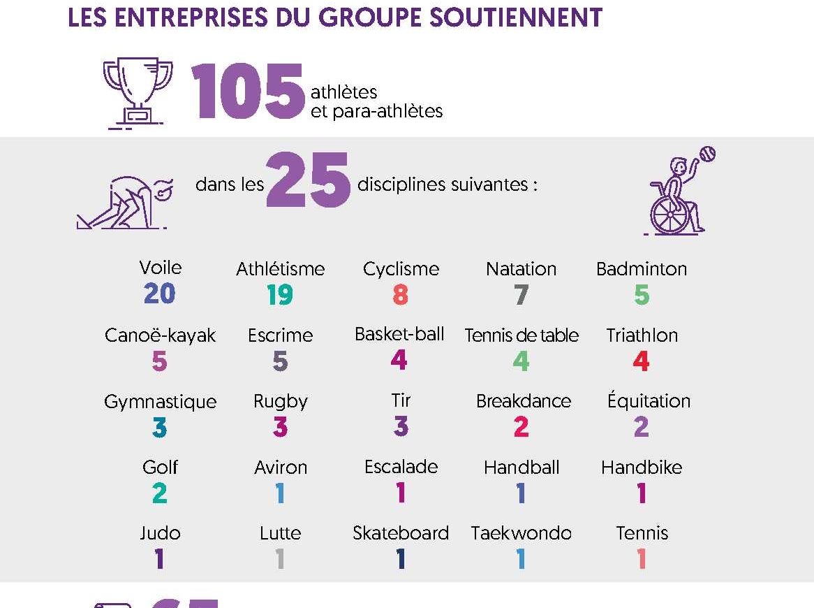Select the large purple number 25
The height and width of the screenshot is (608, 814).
pos(308,181)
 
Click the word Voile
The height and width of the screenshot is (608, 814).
pos(161,268)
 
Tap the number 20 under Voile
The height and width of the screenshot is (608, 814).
pos(159,294)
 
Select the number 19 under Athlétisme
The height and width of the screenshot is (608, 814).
pos(280,295)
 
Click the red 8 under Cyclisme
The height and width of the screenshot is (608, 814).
pos(400,295)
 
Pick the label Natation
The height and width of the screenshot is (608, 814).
pos(521,269)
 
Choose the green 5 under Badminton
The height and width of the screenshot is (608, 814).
pos(641,295)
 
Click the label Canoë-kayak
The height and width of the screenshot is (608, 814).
pos(160,335)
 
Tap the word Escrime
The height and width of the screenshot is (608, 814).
pos(280,335)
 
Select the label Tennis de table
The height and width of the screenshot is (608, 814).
pos(521,335)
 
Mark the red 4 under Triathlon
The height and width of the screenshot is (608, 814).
pos(641,361)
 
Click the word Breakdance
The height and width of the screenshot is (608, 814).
pos(523,401)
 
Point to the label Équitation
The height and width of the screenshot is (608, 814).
pos(649,400)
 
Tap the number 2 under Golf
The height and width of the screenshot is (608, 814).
pos(159,493)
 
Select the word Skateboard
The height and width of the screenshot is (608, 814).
pos(400,533)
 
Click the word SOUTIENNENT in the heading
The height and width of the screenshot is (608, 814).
pos(516,17)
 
